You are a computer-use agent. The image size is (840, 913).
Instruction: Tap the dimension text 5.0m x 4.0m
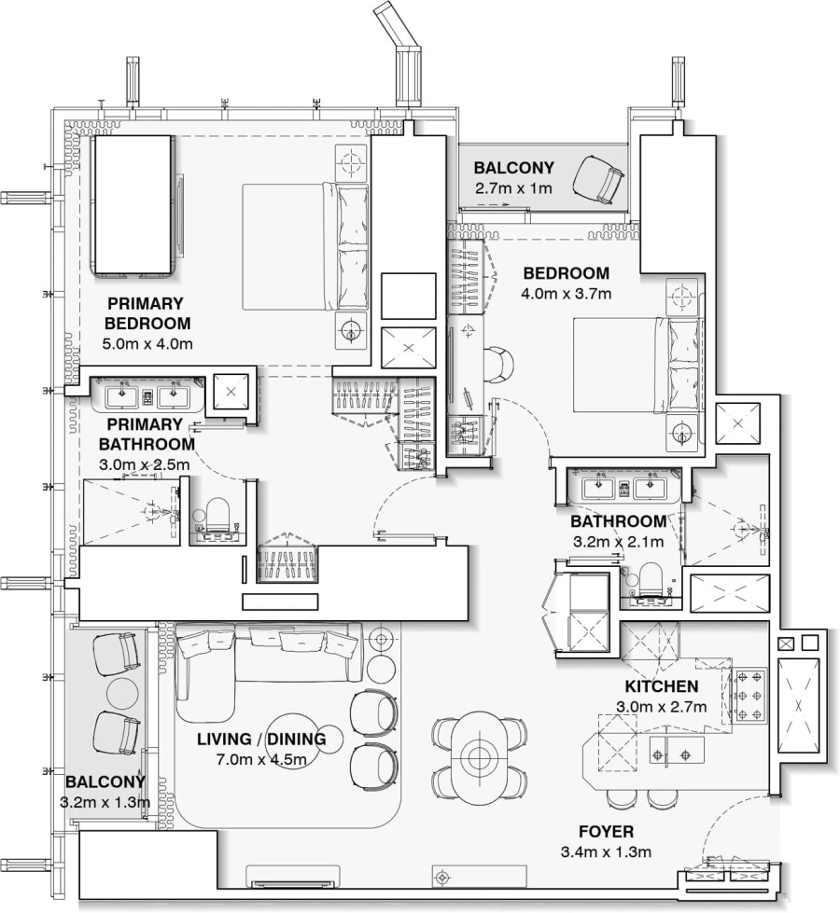147,344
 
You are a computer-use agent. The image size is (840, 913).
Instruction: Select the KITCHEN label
662,686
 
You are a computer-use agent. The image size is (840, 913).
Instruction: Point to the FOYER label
606,831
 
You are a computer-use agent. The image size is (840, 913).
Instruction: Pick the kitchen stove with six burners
749,696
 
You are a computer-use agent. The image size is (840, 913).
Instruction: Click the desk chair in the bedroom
498,364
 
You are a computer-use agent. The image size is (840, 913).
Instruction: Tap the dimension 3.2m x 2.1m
617,541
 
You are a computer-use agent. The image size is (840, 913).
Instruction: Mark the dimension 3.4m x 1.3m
606,851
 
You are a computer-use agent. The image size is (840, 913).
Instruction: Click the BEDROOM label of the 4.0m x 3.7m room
566,273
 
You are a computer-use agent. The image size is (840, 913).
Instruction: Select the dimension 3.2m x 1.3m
105,801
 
